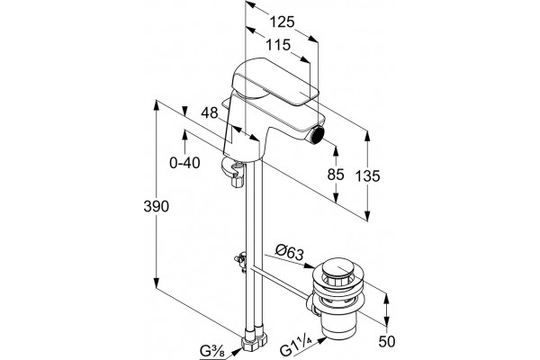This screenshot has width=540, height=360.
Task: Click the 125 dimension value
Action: click(282, 22)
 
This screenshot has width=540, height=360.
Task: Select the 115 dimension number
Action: click(278, 45)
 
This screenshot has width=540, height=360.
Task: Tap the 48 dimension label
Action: click(210, 112)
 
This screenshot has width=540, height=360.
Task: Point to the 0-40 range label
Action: click(184, 163)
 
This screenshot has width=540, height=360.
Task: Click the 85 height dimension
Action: click(336, 175)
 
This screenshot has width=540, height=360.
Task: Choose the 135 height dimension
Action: click(367, 176)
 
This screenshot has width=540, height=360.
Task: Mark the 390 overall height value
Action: click(157, 206)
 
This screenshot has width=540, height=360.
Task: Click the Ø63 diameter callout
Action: click(290, 253)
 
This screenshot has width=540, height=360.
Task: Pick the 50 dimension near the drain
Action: click(387, 342)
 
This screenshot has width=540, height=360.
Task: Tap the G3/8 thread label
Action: click(212, 351)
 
